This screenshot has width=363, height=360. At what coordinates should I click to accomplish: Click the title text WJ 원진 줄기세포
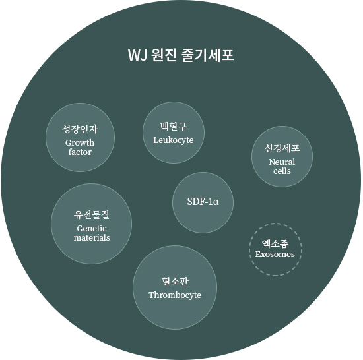click(181, 55)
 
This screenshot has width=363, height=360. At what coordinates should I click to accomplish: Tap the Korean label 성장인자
click(80, 129)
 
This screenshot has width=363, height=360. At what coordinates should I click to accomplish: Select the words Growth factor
click(80, 147)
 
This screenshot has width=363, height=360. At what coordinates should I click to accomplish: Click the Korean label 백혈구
click(174, 127)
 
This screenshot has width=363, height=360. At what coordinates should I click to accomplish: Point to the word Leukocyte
click(174, 140)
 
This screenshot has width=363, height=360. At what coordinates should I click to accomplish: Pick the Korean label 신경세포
click(282, 148)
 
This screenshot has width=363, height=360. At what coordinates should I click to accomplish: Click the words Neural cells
click(282, 166)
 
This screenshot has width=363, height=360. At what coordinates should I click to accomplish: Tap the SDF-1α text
click(203, 202)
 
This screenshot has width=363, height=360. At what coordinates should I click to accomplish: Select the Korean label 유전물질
click(92, 214)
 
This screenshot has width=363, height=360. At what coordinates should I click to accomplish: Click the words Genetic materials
click(92, 233)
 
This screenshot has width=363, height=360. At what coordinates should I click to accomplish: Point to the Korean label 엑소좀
click(275, 243)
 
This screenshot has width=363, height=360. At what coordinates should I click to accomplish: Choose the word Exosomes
click(275, 255)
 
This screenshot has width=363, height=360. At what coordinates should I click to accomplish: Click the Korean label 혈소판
click(175, 281)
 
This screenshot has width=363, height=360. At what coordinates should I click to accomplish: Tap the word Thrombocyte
click(175, 295)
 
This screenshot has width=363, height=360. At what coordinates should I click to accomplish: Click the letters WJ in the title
click(137, 55)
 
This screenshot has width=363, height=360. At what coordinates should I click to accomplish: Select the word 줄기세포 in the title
click(208, 55)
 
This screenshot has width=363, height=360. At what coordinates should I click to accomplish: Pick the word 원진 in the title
click(164, 55)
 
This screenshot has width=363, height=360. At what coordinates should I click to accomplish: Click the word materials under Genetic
click(92, 237)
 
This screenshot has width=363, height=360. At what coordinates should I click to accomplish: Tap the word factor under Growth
click(80, 152)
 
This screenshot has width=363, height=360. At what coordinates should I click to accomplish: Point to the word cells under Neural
click(282, 171)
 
